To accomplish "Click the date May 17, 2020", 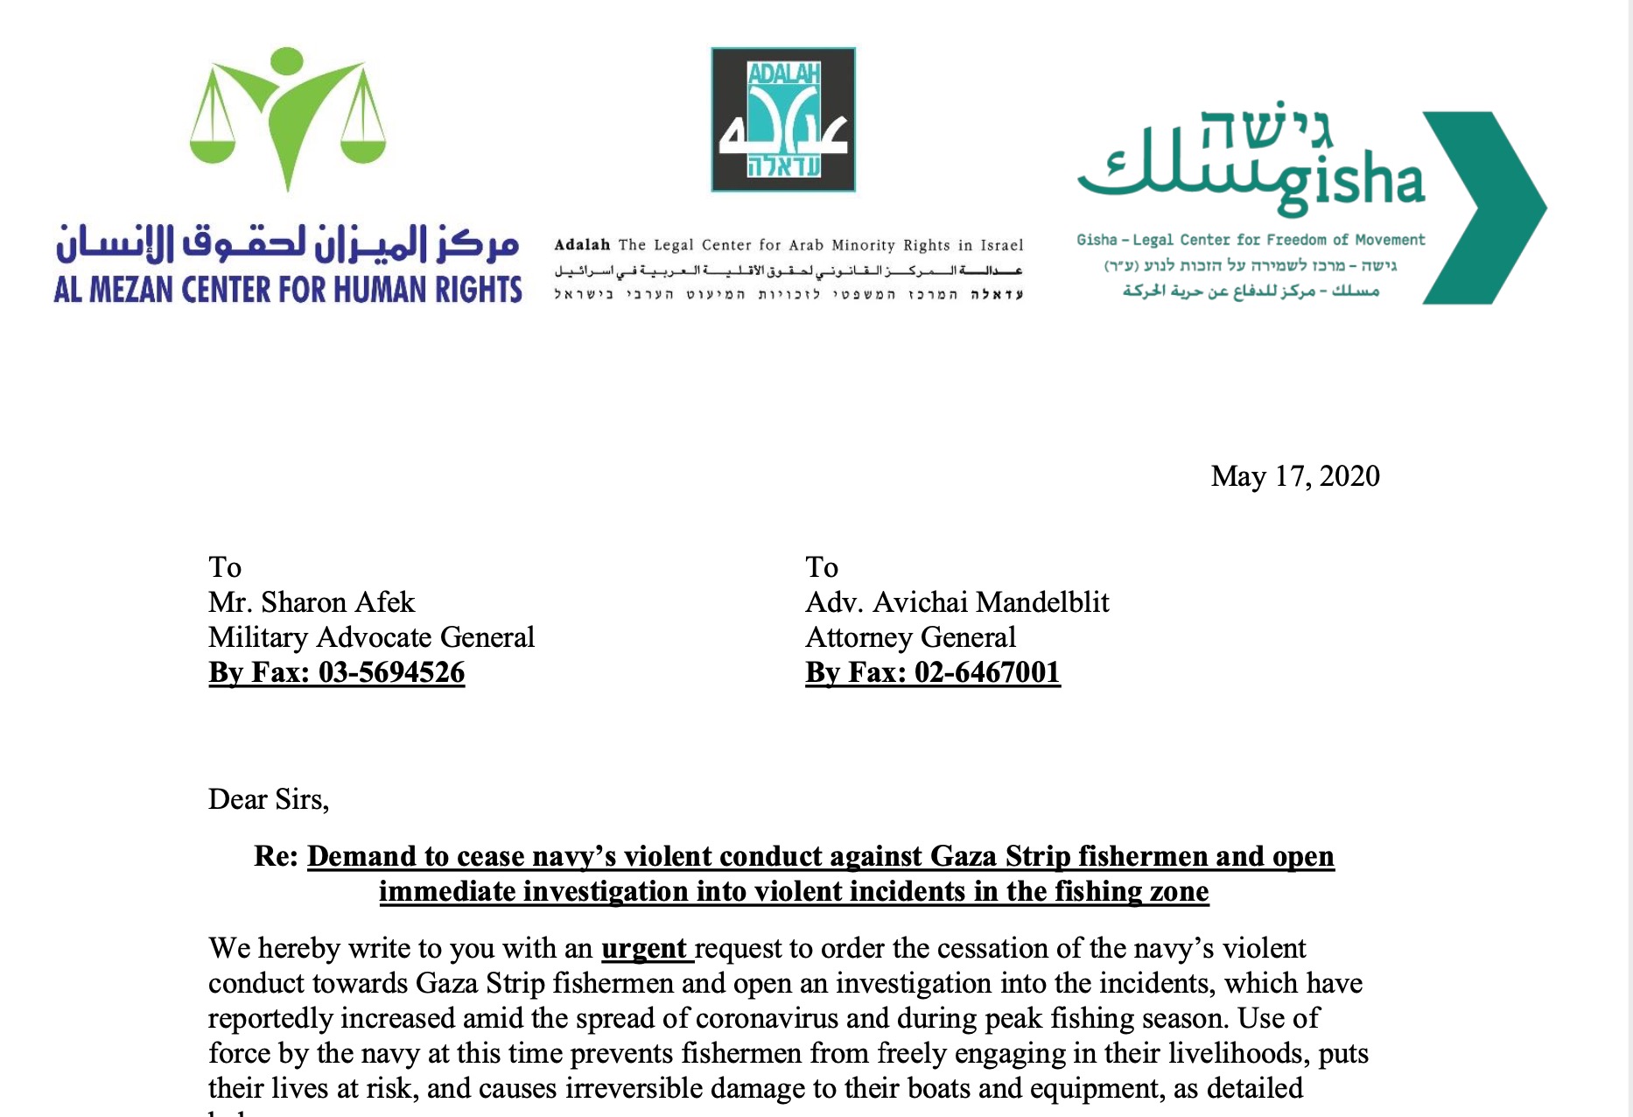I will point(1294,476).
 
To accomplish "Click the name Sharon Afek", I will point(338,602).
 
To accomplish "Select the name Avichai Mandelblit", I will point(991,602).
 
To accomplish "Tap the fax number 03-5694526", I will point(391,672).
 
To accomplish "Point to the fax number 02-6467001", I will point(987,672).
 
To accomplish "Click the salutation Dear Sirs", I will point(268,799).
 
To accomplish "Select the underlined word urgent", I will point(643,948).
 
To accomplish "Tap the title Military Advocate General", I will point(371,637).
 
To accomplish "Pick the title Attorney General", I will point(910,637).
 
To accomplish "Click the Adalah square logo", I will point(782,120).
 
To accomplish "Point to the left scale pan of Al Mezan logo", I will point(213,150).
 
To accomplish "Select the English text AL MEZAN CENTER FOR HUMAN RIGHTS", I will point(288,290).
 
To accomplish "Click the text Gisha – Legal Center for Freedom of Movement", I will point(1250,240).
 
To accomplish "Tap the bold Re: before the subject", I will point(277,856).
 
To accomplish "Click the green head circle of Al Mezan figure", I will point(287,61).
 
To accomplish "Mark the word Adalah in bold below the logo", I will point(582,245).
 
